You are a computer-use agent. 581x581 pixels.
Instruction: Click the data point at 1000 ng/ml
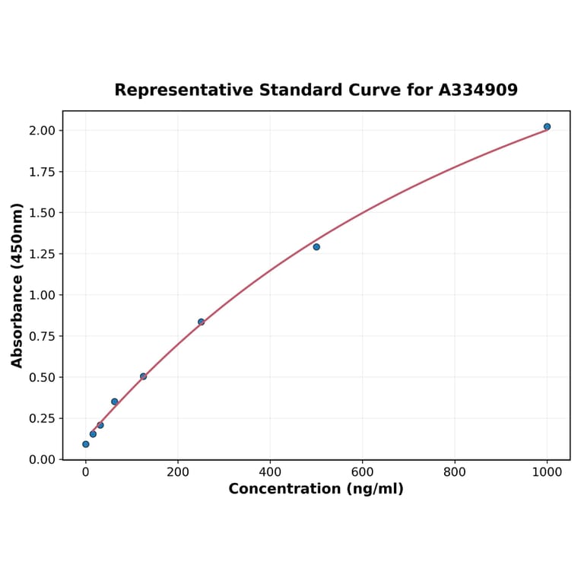[x=547, y=126]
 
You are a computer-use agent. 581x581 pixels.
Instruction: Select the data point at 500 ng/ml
[x=316, y=247]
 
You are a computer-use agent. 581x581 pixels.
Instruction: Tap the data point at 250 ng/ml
[x=201, y=322]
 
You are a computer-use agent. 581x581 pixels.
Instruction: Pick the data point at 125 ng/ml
[x=143, y=376]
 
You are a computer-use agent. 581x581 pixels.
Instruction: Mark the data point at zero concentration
[x=85, y=444]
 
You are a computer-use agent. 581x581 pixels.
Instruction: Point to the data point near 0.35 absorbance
[x=115, y=402]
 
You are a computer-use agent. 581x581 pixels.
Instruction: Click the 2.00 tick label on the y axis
[x=43, y=131]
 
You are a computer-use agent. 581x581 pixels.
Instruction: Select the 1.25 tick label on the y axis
[x=43, y=254]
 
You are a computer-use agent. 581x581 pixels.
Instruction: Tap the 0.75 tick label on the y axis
[x=43, y=336]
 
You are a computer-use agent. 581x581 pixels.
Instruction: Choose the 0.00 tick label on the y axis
[x=43, y=459]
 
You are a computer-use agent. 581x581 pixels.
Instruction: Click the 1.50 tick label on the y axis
[x=43, y=213]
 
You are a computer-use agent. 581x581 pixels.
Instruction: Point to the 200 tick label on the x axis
[x=178, y=471]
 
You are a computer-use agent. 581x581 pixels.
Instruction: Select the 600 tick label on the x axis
[x=363, y=471]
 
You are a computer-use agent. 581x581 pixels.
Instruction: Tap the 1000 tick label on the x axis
[x=547, y=471]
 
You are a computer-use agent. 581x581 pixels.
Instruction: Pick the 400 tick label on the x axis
[x=270, y=471]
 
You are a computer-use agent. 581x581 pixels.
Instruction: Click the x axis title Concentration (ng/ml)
[x=316, y=489]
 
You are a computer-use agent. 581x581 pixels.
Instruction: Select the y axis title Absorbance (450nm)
[x=17, y=285]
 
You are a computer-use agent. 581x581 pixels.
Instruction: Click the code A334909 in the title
[x=478, y=90]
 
